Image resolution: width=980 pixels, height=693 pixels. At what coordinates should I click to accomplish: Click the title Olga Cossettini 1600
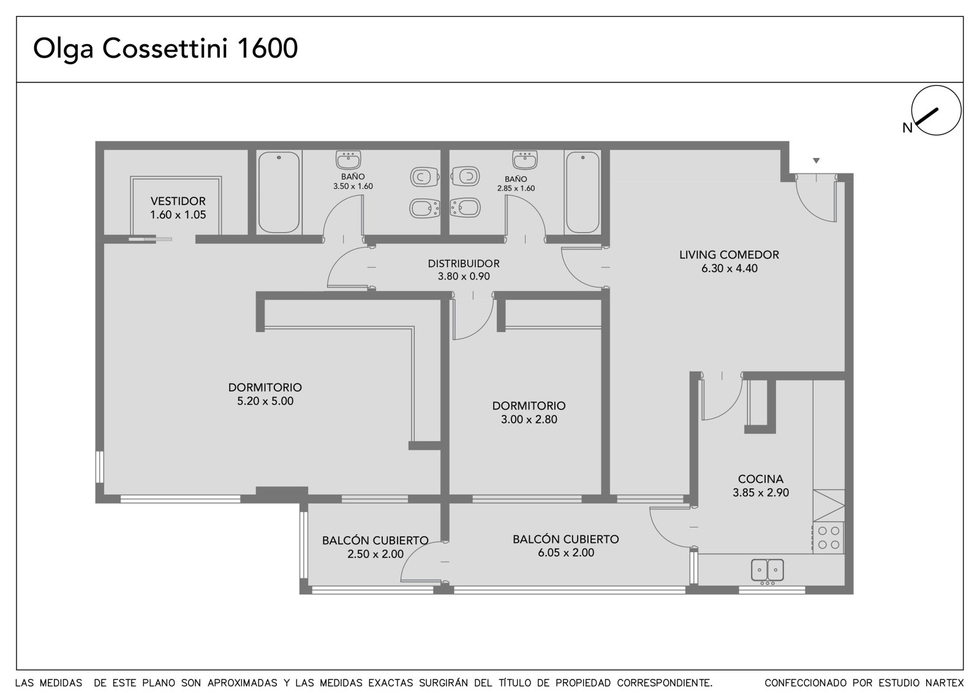click(165, 49)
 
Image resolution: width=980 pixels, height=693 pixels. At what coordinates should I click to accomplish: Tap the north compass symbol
click(936, 110)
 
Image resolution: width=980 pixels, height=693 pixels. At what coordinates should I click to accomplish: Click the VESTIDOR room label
click(178, 201)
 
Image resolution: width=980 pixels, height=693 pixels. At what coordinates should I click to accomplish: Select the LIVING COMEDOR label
click(729, 255)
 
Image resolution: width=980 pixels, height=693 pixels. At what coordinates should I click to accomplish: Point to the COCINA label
click(760, 479)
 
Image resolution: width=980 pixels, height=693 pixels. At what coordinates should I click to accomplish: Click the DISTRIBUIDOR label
click(463, 263)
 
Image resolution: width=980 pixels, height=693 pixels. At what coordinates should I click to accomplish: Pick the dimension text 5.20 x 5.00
click(265, 401)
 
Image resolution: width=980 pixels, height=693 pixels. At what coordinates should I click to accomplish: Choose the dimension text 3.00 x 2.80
click(529, 419)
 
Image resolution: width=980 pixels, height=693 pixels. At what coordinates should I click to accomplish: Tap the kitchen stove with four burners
click(829, 537)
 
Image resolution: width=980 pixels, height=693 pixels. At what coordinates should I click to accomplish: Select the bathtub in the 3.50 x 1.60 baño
click(279, 192)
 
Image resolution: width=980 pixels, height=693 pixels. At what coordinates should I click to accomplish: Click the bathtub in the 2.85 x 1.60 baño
click(582, 192)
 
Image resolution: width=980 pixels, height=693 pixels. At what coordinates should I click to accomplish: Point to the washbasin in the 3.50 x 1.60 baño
click(349, 160)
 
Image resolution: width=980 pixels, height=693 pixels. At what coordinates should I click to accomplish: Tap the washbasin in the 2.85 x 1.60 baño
click(525, 160)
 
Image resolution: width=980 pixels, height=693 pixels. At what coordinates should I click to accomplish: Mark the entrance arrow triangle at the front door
click(816, 161)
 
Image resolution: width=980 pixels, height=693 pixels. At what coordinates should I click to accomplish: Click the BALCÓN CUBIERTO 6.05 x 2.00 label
click(566, 545)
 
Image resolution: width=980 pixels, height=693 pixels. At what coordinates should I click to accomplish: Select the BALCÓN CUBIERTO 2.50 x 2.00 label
click(375, 547)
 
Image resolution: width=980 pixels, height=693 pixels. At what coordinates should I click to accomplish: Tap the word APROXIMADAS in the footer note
click(242, 683)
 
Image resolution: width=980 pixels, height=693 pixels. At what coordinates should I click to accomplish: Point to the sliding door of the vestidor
click(150, 239)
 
